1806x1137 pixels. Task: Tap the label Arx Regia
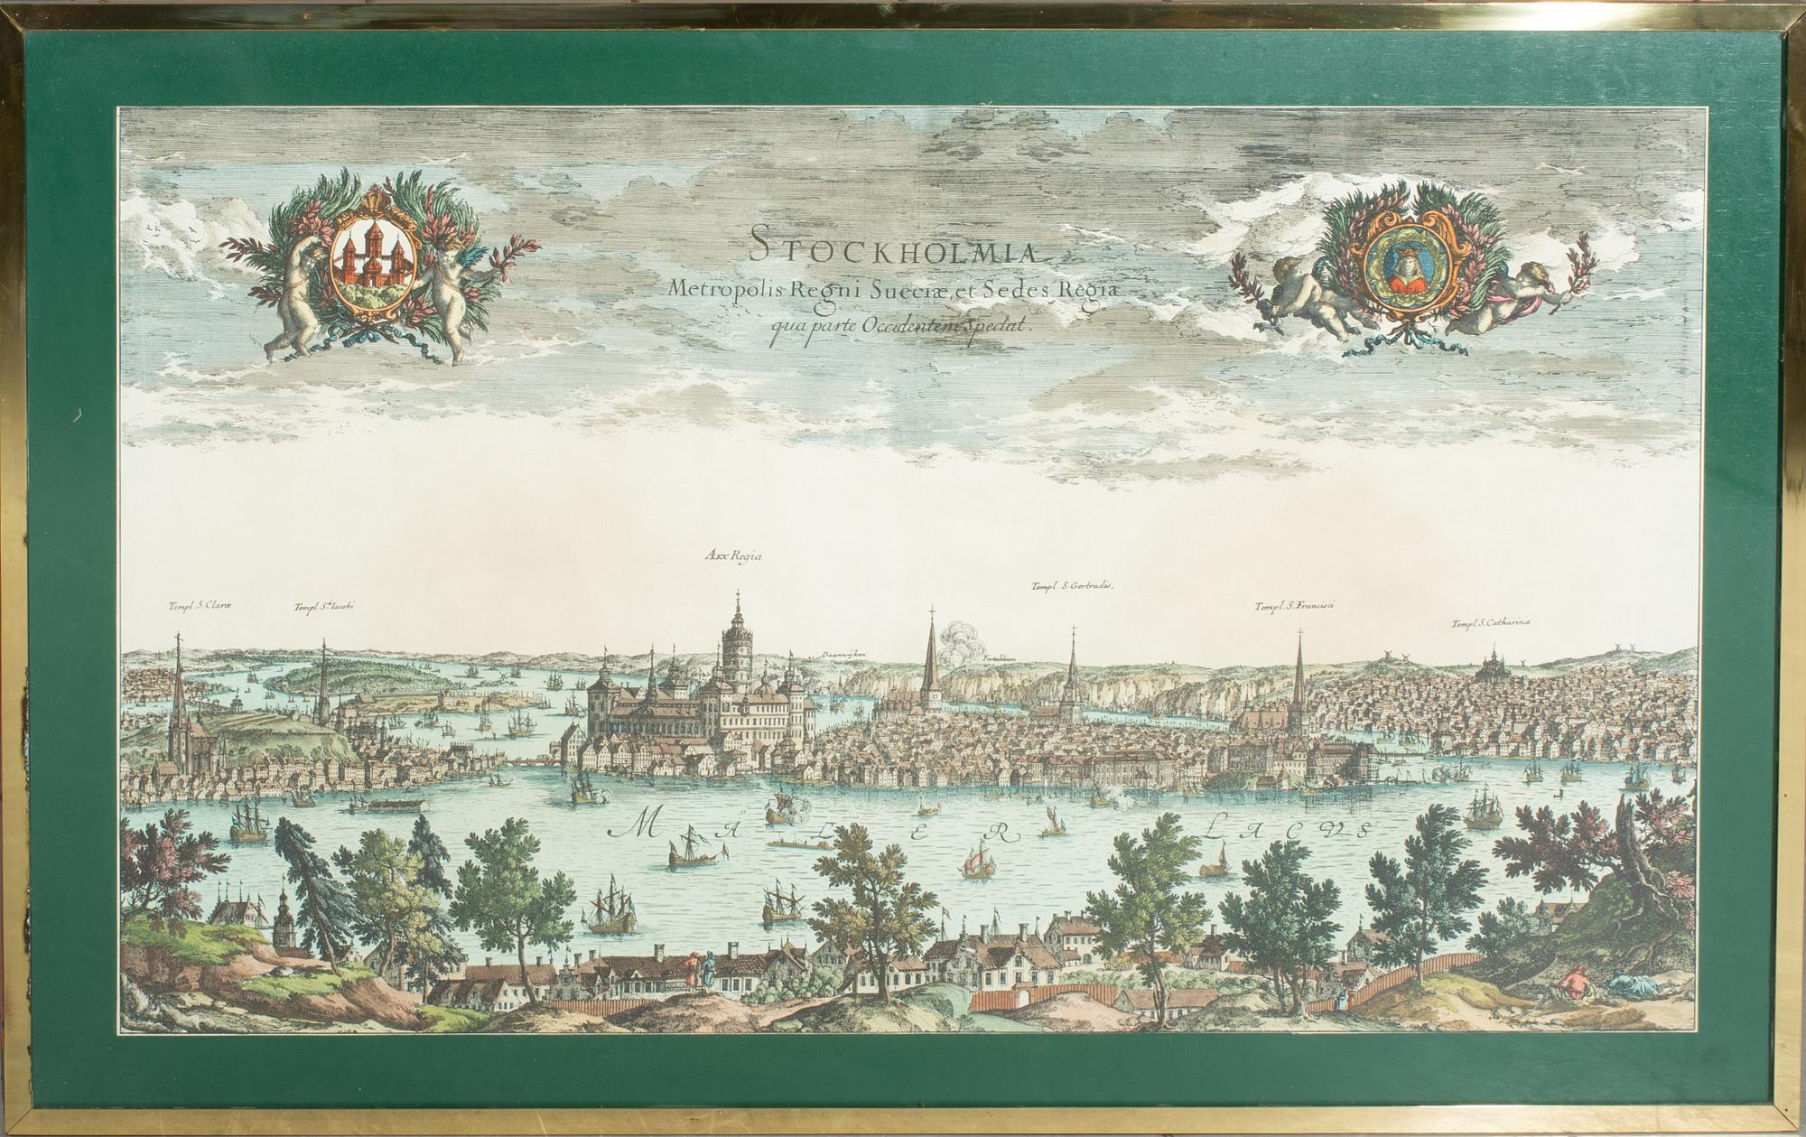(732, 557)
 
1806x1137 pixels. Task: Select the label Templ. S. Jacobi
(324, 608)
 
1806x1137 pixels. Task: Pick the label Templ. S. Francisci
(1294, 606)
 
